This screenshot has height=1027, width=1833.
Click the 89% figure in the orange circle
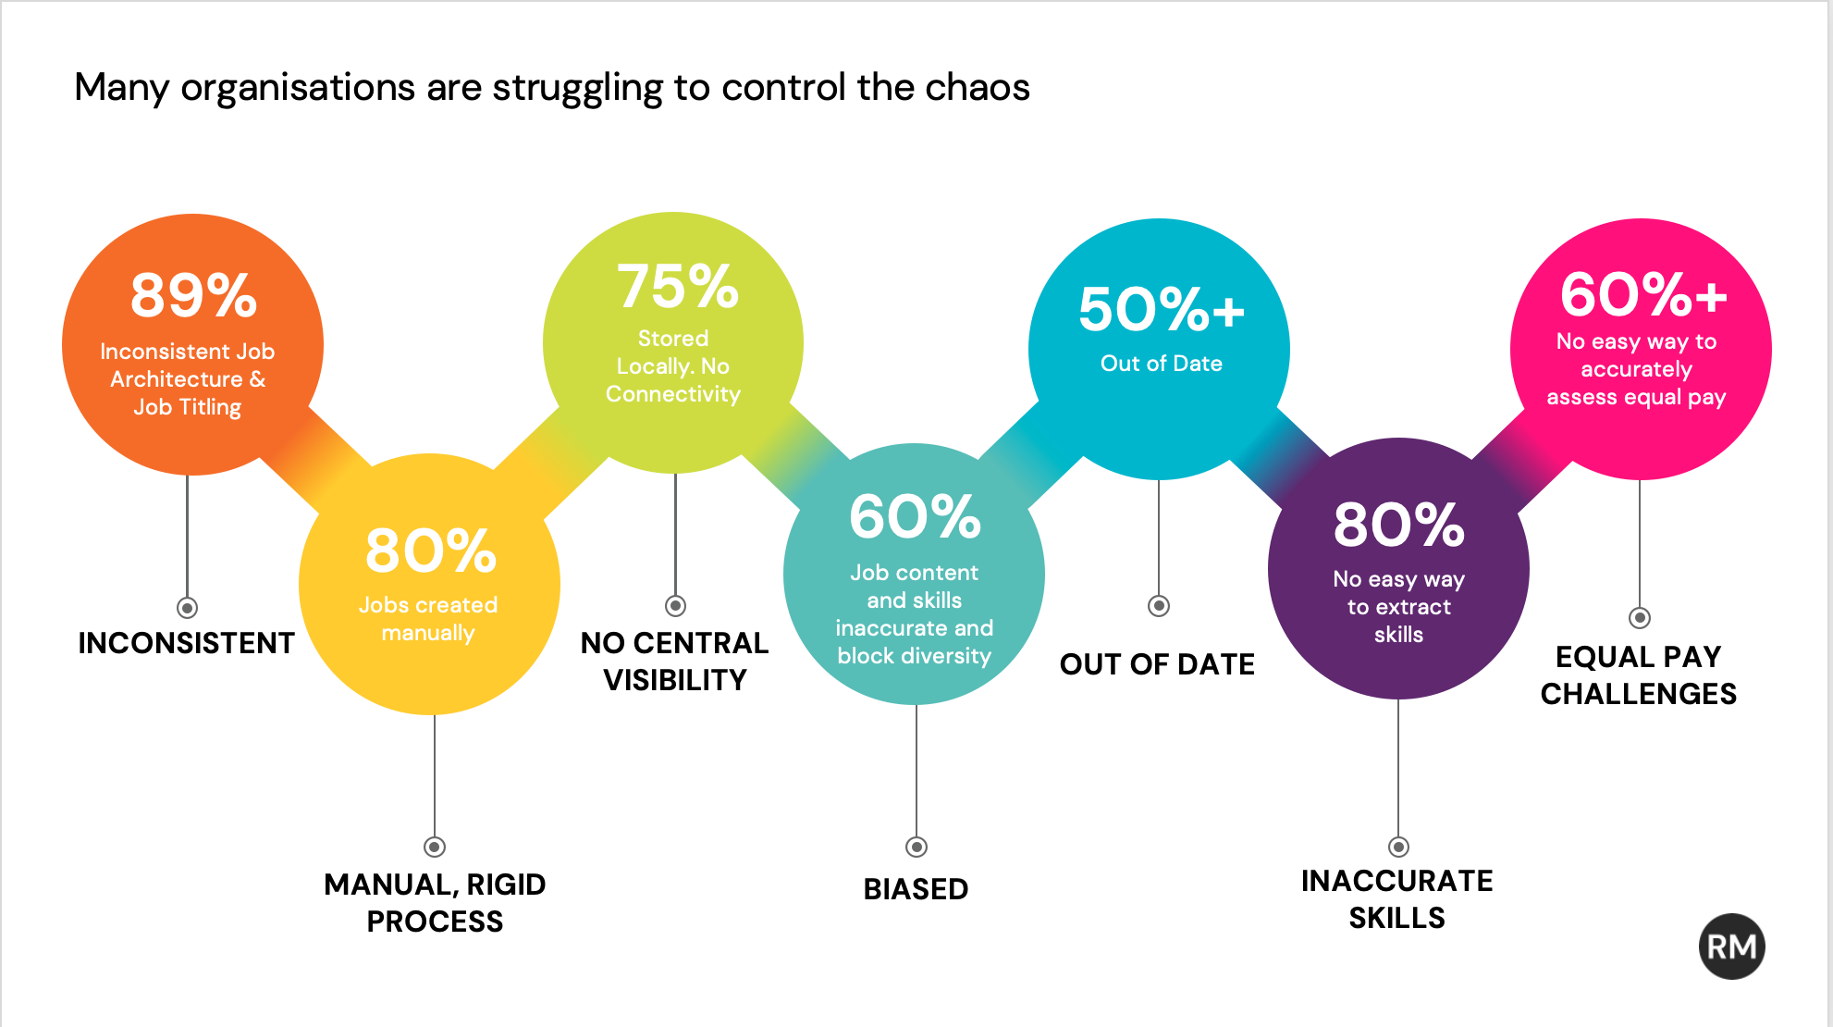[193, 295]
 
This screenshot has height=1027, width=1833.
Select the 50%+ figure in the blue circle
[1162, 309]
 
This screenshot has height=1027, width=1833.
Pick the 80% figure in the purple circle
[1398, 525]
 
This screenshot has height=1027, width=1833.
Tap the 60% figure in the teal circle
[915, 516]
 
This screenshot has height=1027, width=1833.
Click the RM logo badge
[1731, 947]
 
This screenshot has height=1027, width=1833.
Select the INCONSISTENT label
[186, 643]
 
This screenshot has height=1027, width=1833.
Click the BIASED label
[916, 889]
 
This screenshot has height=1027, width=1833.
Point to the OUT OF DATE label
[1157, 664]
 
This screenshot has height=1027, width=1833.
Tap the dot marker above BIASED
[916, 847]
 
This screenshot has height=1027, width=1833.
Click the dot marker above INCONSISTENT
[187, 608]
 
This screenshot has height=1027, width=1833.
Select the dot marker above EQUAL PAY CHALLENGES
[1640, 617]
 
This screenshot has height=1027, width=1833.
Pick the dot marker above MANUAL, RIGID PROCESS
[435, 847]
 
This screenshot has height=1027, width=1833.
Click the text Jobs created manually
[428, 619]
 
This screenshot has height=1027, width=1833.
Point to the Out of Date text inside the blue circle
[1162, 364]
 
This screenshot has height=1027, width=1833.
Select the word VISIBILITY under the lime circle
[675, 680]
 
